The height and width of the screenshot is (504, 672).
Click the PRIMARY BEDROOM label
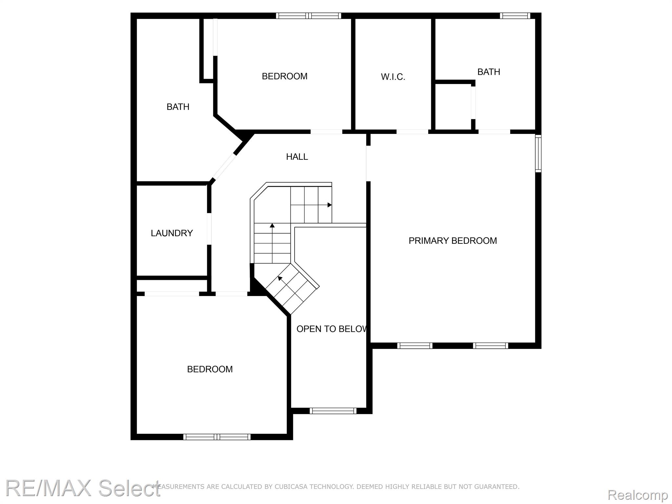(x=452, y=241)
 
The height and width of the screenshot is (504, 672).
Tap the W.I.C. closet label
(x=393, y=77)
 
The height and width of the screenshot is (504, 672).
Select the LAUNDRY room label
(x=172, y=233)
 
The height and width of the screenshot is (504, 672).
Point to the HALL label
(x=297, y=157)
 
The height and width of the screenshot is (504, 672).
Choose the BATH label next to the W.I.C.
(x=489, y=72)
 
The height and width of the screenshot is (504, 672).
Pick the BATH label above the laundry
(x=178, y=107)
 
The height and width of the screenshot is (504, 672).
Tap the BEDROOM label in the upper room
(x=284, y=76)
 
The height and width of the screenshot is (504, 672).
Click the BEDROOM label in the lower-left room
(x=210, y=369)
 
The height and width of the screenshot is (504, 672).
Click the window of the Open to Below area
(x=333, y=410)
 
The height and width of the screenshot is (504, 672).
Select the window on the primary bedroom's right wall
(x=538, y=153)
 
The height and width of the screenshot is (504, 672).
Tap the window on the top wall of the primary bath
(x=515, y=16)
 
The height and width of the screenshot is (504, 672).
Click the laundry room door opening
(x=209, y=229)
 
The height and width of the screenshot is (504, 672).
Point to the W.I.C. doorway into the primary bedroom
(x=412, y=132)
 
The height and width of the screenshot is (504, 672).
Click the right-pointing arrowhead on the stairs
(x=329, y=205)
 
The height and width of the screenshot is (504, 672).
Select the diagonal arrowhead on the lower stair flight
(x=280, y=279)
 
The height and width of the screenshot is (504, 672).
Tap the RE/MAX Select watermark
(x=83, y=488)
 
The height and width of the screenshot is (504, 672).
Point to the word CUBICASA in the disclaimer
(x=290, y=487)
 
